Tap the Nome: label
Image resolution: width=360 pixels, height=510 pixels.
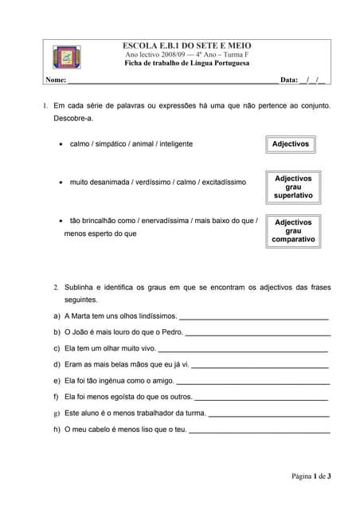[55, 80]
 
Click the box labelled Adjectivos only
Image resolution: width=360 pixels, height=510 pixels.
[292, 144]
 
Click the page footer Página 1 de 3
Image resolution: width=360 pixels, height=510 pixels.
[311, 477]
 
